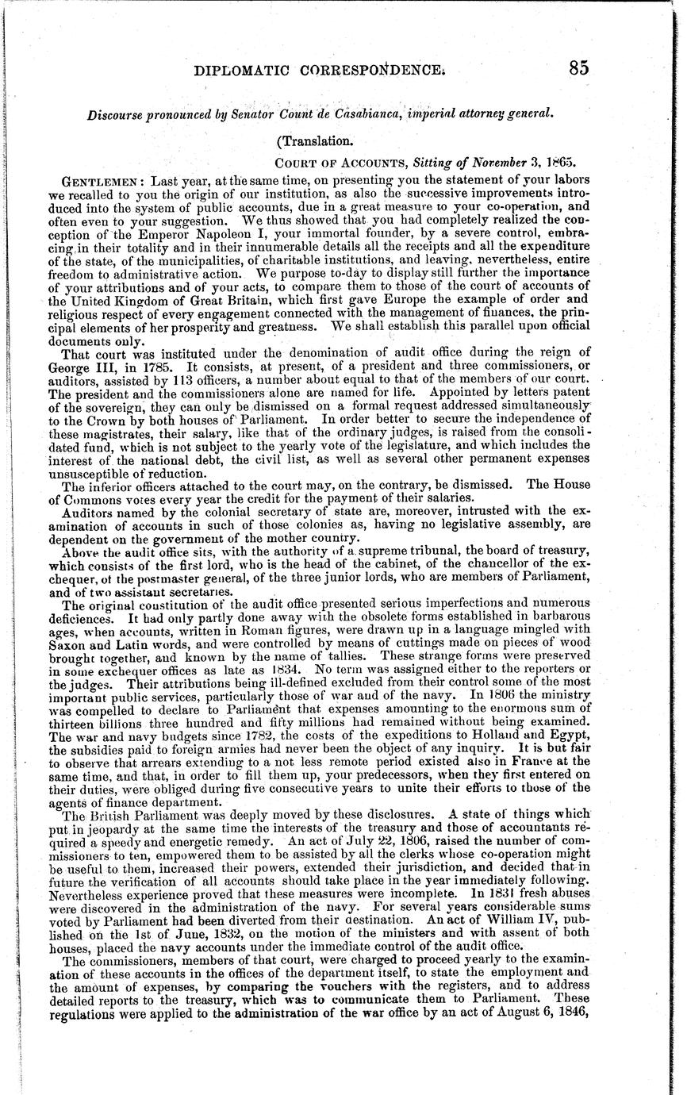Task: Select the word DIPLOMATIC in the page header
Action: (243, 70)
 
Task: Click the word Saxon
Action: (83, 648)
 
